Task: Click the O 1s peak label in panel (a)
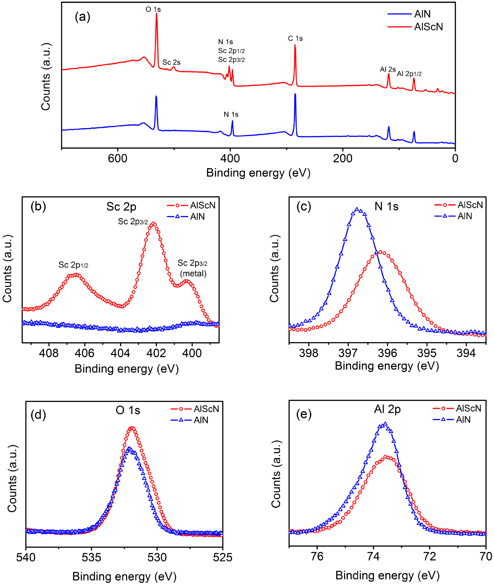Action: click(153, 10)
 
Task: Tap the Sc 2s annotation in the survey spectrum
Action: click(171, 62)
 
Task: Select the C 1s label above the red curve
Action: click(295, 38)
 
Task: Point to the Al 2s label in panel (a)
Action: click(388, 70)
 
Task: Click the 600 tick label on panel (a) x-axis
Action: click(118, 159)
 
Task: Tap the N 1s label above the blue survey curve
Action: click(231, 114)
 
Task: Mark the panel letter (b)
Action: click(38, 207)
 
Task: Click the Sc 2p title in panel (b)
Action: click(121, 207)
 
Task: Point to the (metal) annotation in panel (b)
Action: click(193, 273)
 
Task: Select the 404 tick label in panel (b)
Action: click(120, 354)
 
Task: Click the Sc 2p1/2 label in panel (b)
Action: click(73, 265)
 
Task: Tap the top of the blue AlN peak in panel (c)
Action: click(357, 209)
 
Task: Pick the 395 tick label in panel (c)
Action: click(427, 353)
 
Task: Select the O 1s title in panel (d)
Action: click(128, 411)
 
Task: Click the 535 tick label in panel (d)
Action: click(91, 557)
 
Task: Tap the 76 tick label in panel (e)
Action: click(317, 556)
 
